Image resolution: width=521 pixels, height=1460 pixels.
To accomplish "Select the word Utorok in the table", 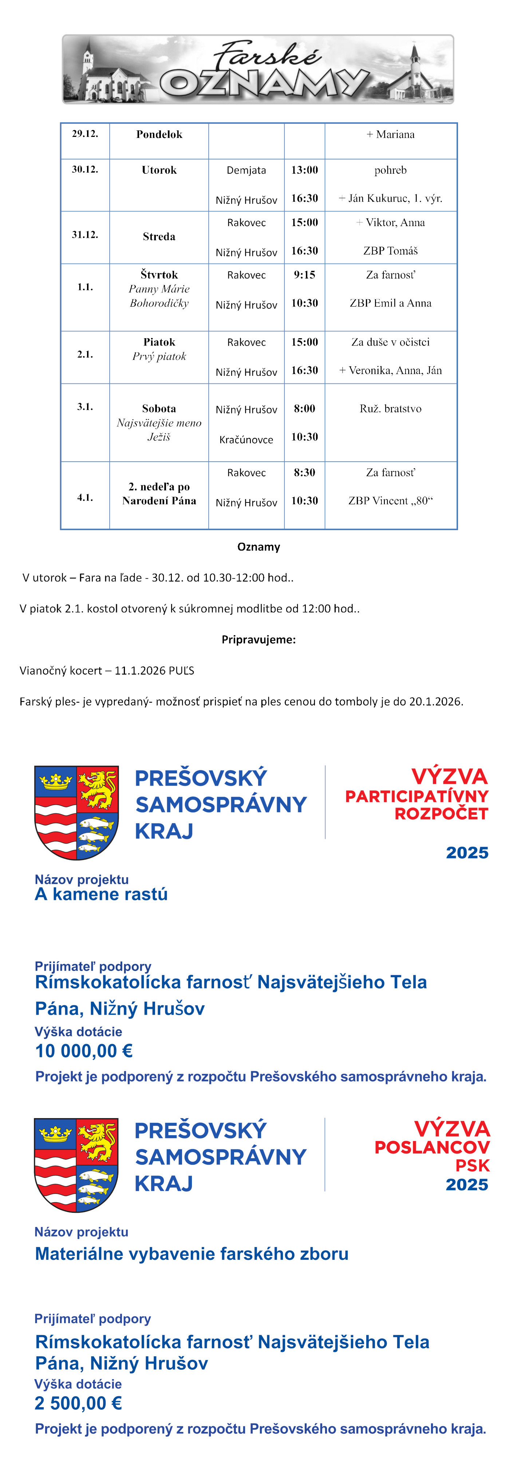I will pyautogui.click(x=159, y=170).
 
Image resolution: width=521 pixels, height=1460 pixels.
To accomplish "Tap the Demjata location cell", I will pyautogui.click(x=246, y=170).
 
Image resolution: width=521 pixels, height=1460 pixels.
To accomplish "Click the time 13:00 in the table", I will pyautogui.click(x=304, y=170).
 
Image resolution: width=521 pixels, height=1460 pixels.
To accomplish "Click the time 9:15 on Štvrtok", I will pyautogui.click(x=304, y=275).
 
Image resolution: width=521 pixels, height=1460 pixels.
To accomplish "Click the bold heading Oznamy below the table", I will pyautogui.click(x=258, y=547).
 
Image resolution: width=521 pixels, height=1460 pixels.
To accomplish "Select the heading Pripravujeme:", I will pyautogui.click(x=258, y=639).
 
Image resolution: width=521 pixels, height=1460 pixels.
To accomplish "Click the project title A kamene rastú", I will pyautogui.click(x=102, y=894).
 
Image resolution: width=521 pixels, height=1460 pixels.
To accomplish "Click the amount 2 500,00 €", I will pyautogui.click(x=78, y=1403).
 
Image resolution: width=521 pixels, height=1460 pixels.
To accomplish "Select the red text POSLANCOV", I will pyautogui.click(x=432, y=1147).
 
